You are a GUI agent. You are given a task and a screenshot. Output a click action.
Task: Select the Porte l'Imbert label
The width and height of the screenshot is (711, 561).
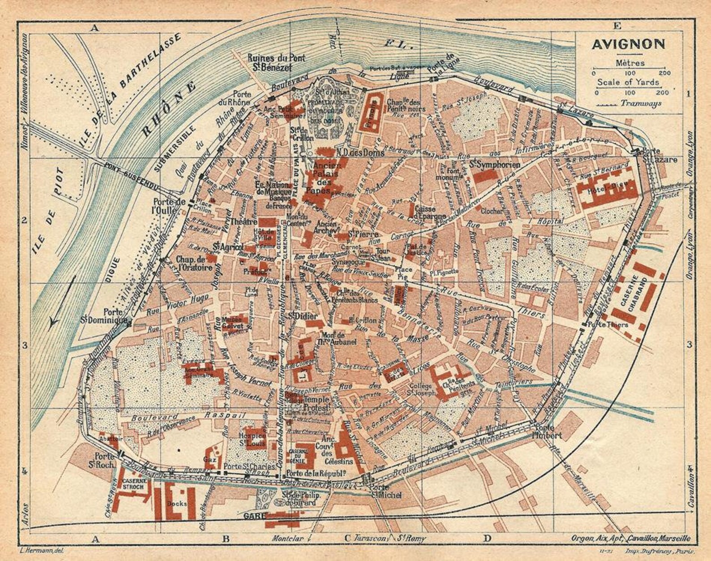[x=544, y=430]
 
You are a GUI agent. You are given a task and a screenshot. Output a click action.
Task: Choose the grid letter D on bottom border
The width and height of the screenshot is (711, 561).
[x=487, y=538]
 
